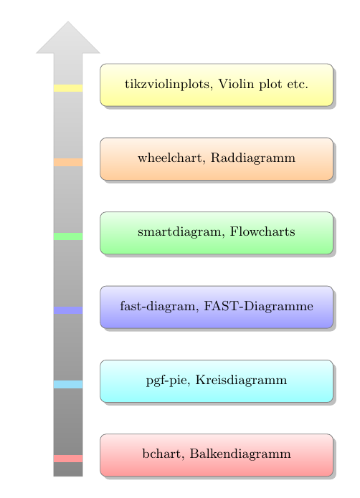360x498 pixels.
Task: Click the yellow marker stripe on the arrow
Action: click(68, 88)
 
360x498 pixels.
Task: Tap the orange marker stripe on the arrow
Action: click(68, 162)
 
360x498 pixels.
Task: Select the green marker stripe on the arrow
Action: click(68, 236)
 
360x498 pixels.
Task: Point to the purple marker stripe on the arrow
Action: click(68, 310)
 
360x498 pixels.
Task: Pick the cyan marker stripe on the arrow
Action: click(68, 384)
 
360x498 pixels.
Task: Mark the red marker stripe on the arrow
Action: click(68, 459)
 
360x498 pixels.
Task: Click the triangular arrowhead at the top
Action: click(68, 37)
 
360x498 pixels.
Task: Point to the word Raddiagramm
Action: click(253, 158)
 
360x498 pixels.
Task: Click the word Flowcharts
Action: click(262, 231)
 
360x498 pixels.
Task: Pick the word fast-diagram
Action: click(159, 307)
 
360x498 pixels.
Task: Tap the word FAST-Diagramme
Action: click(259, 306)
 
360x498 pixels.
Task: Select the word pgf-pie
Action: click(168, 380)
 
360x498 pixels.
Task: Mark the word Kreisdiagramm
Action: click(241, 380)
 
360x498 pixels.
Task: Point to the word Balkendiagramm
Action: click(240, 454)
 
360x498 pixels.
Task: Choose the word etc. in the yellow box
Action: click(298, 85)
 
